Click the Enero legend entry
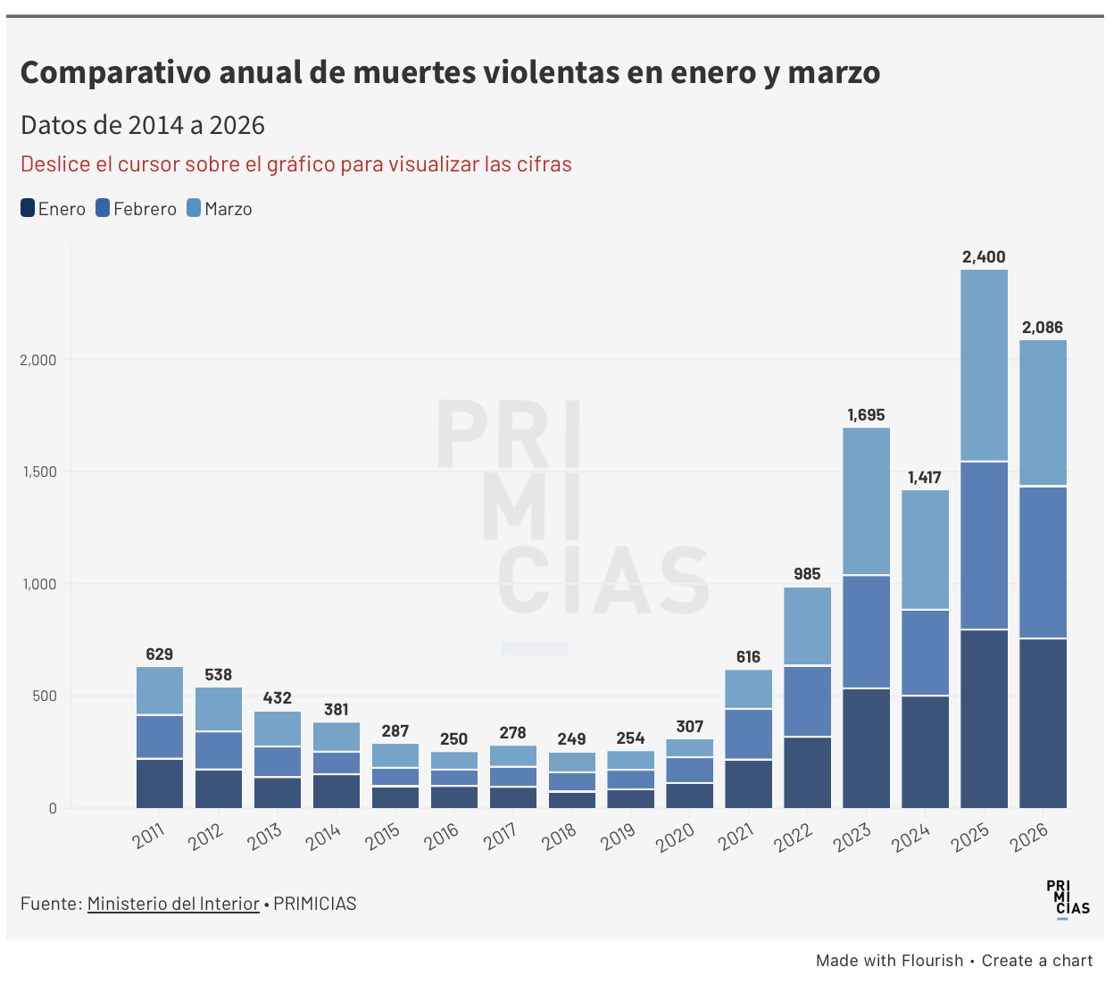(53, 209)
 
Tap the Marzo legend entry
(219, 209)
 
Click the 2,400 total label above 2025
(984, 257)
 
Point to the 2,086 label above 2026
(1043, 328)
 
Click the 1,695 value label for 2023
(866, 415)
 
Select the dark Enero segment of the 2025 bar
(984, 719)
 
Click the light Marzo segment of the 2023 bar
(866, 501)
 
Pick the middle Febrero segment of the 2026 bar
(1043, 563)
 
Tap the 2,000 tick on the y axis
(38, 360)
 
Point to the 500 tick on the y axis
(45, 696)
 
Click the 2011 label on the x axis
(149, 836)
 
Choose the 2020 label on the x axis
(675, 838)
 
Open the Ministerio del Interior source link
(173, 904)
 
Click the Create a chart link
(1036, 961)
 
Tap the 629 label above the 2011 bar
(160, 655)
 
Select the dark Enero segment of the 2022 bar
(807, 772)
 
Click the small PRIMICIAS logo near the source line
(1068, 898)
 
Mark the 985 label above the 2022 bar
(807, 574)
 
